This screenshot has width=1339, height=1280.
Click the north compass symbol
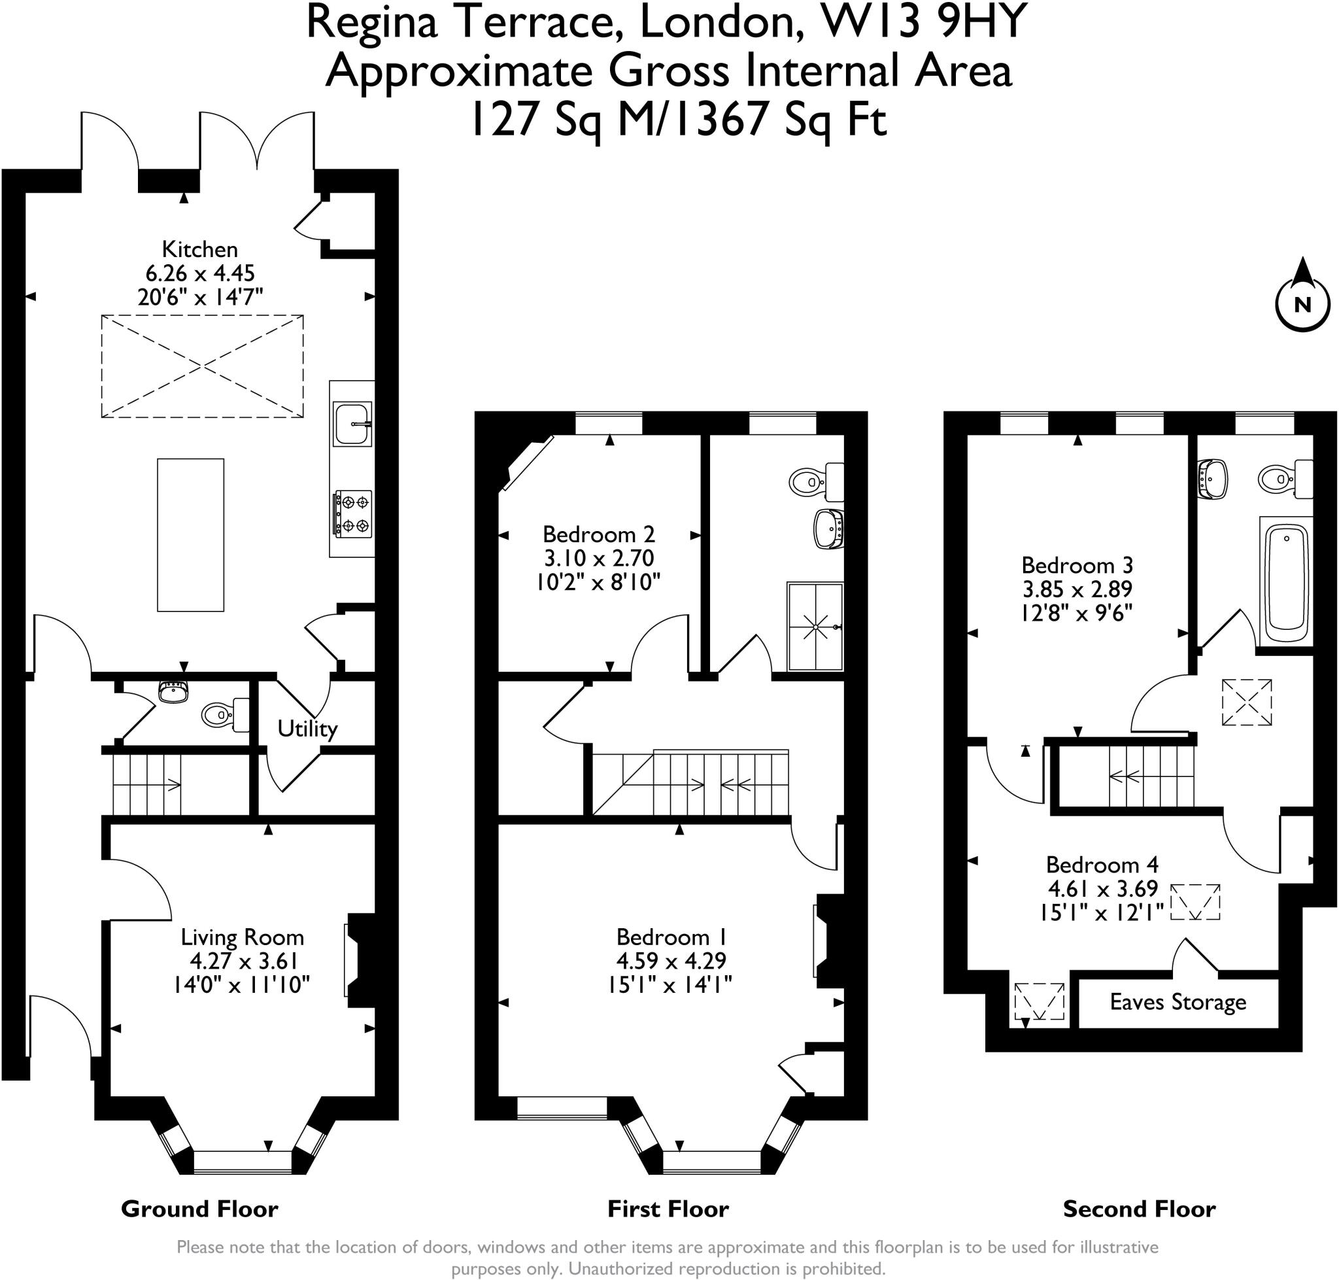tap(1302, 296)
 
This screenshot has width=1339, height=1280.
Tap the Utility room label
tap(307, 729)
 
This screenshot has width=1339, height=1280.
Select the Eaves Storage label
tap(1178, 1001)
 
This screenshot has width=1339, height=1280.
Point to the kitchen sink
tap(352, 424)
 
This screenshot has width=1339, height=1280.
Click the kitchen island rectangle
tap(190, 534)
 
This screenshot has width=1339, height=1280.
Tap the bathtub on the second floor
tap(1286, 581)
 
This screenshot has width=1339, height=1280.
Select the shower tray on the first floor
tap(815, 627)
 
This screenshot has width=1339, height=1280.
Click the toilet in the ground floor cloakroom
tap(226, 714)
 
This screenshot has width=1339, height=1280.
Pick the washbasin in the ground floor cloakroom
tap(173, 692)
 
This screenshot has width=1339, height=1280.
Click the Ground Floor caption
tap(199, 1210)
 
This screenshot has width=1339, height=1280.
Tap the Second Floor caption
tap(1139, 1210)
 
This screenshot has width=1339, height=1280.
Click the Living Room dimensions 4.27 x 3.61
tap(243, 961)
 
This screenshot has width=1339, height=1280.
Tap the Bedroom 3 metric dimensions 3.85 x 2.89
tap(1077, 589)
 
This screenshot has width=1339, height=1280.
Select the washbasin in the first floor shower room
tap(829, 528)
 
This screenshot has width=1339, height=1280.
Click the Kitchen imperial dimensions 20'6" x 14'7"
tap(200, 297)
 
